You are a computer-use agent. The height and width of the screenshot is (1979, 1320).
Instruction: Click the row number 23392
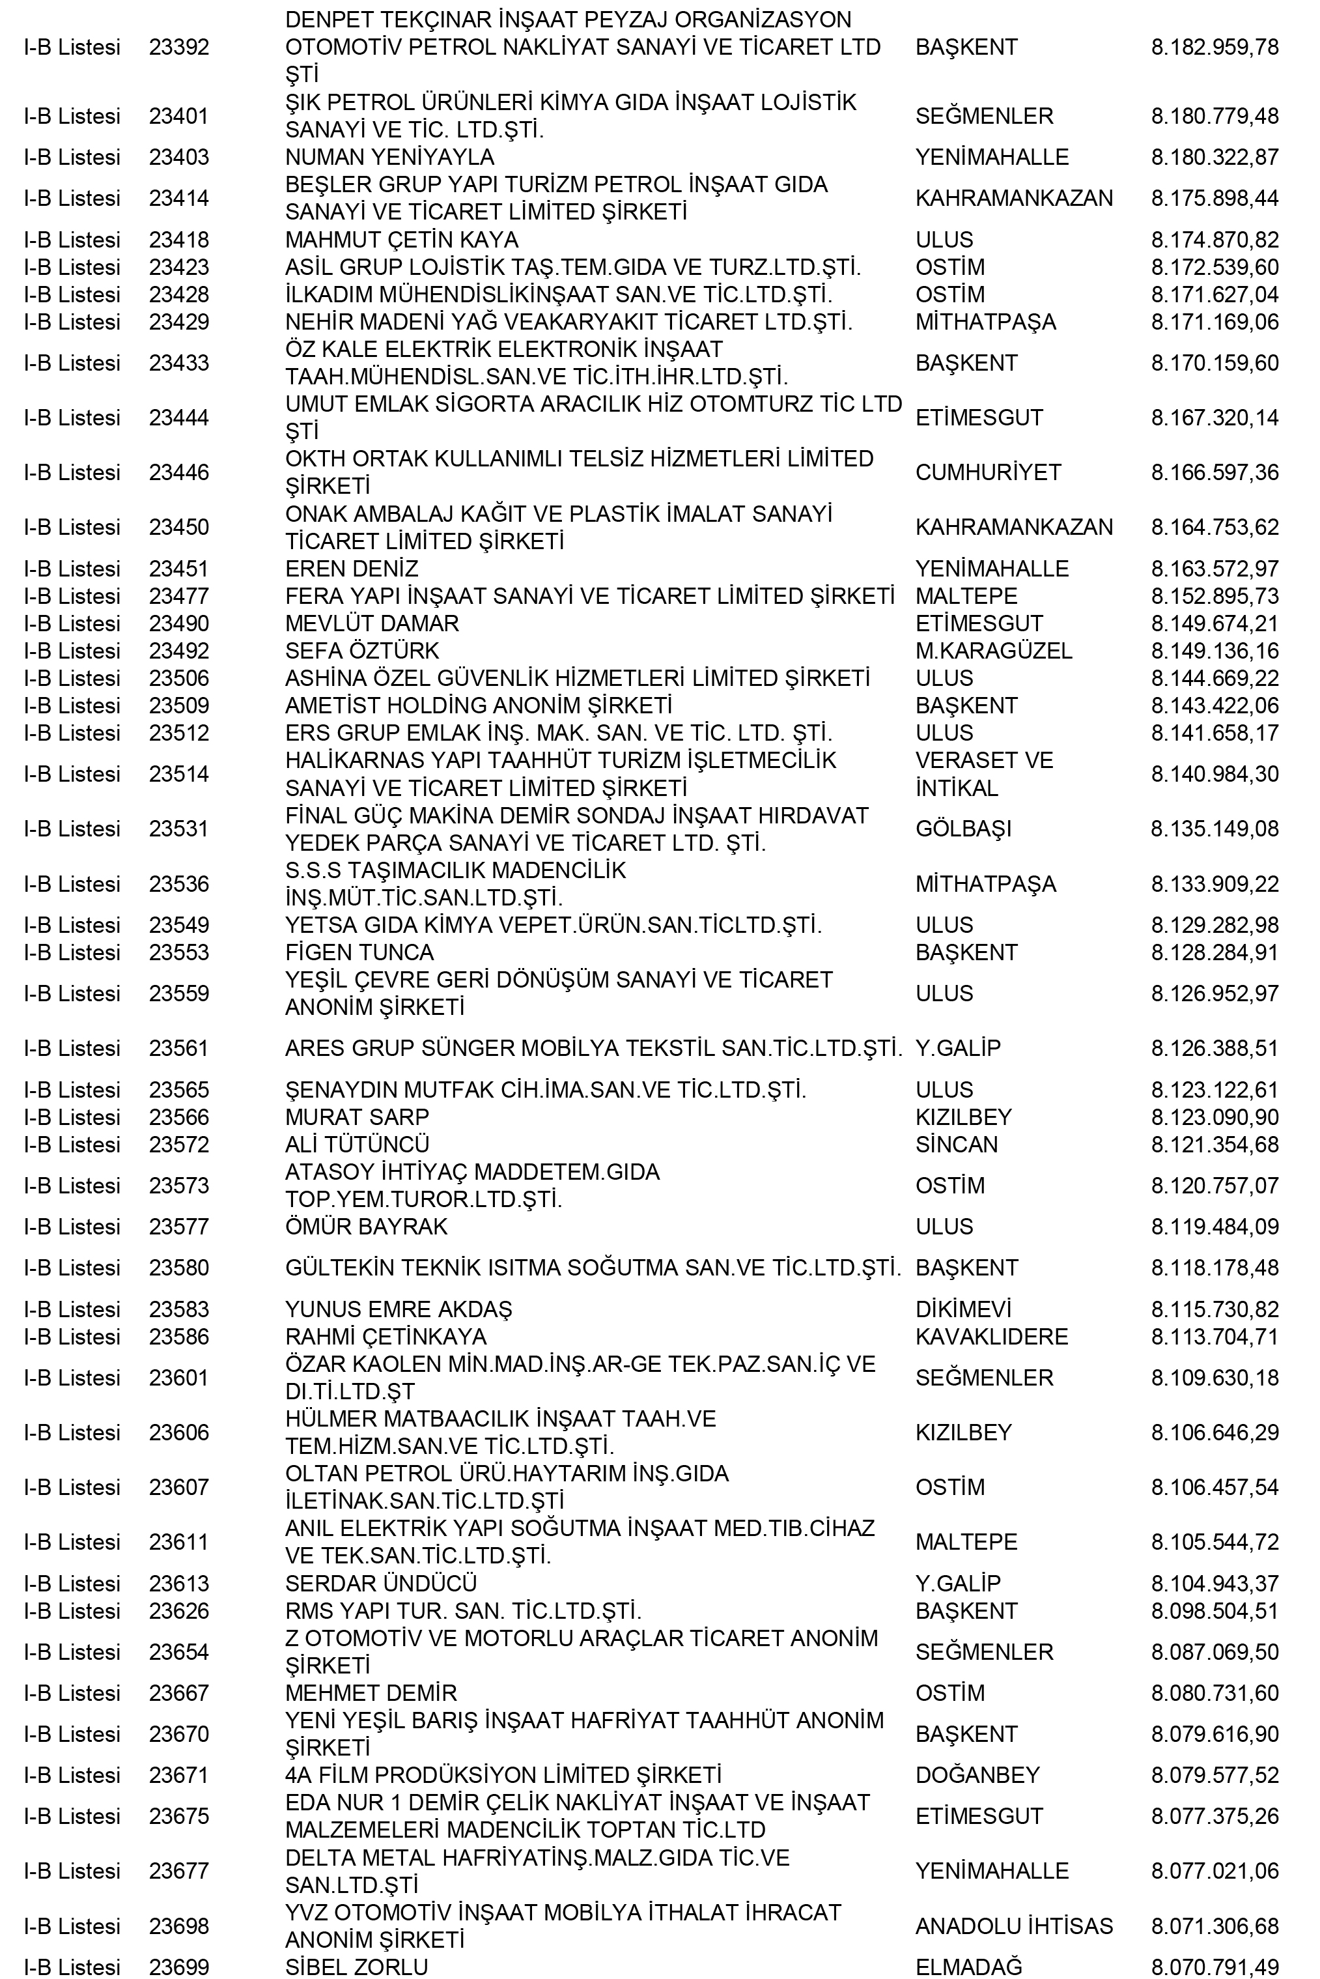point(178,47)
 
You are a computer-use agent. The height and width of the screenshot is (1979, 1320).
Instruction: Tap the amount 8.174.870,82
point(1214,240)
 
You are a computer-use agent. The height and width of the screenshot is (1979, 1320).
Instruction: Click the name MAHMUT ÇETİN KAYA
point(402,240)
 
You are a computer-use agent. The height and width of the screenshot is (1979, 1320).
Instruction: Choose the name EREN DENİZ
point(351,569)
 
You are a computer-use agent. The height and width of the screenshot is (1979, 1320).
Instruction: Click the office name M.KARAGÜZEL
point(993,651)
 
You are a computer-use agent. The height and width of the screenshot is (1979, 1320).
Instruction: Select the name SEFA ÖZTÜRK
point(362,651)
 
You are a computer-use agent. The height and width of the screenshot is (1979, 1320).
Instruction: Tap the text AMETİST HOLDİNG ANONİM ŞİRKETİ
point(478,705)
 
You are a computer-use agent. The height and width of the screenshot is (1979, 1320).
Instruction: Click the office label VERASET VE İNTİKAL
point(983,774)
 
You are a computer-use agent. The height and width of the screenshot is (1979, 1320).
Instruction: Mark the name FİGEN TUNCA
point(359,952)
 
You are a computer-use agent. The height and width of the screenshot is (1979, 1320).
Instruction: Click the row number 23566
point(178,1118)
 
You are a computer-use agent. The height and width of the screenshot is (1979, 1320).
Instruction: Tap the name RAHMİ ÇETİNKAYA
point(386,1337)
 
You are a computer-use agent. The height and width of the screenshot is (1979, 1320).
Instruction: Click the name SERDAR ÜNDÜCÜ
point(380,1583)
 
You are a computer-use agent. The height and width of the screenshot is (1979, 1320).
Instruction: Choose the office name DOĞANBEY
point(977,1775)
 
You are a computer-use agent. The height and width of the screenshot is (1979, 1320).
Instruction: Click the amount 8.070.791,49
point(1214,1967)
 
